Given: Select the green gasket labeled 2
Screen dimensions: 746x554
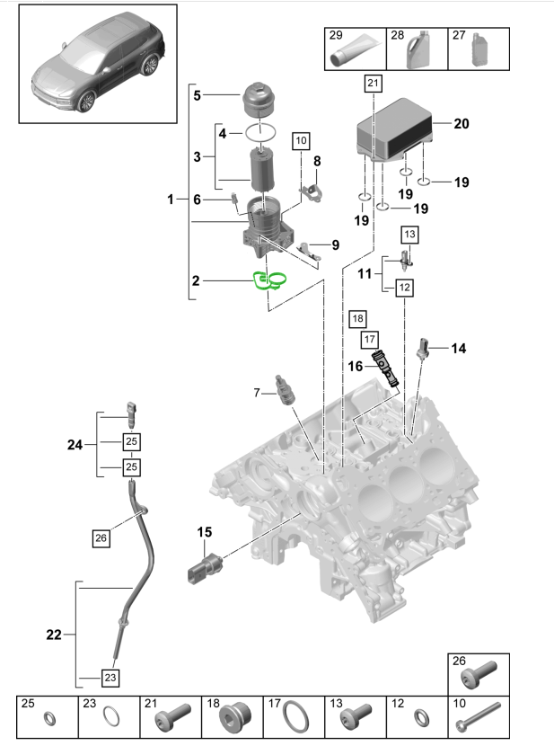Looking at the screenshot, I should point(270,282).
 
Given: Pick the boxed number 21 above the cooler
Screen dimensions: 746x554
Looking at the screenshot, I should point(374,84).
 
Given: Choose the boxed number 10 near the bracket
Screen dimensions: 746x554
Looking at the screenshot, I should point(300,140).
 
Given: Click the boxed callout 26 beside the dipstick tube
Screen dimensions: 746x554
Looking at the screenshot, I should point(101,538).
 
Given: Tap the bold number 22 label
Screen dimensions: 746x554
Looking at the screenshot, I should point(54,635).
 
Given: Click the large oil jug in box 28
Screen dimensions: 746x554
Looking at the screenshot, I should point(416,52).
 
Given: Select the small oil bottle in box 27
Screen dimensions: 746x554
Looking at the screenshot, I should point(479,50).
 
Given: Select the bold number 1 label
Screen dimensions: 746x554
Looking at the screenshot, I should point(171,200).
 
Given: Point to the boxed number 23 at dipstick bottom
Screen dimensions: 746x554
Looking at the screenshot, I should point(110,679).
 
